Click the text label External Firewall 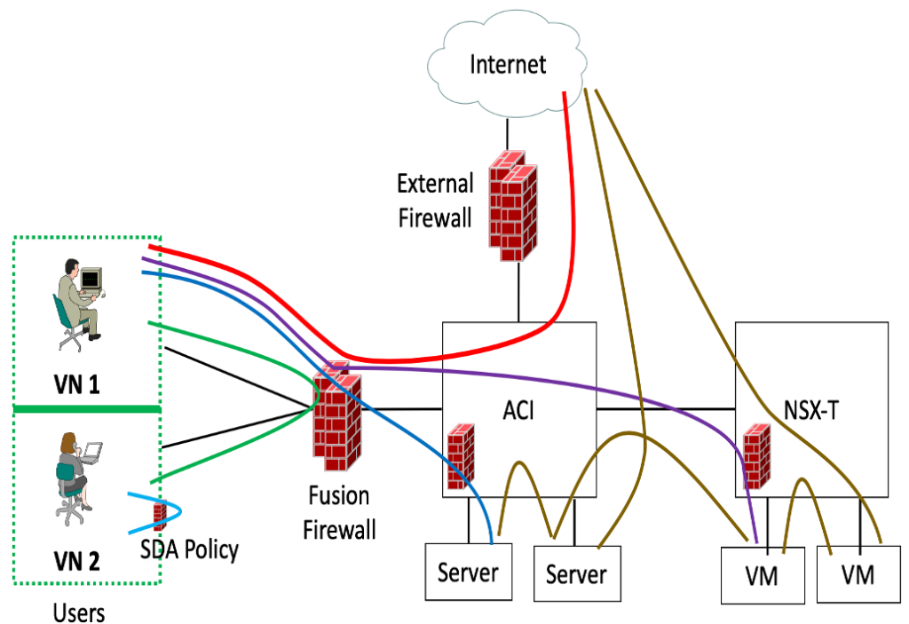[434, 200]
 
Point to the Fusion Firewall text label [339, 512]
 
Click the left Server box [468, 573]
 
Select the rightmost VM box [858, 574]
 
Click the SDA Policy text [189, 550]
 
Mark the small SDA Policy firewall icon [161, 517]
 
